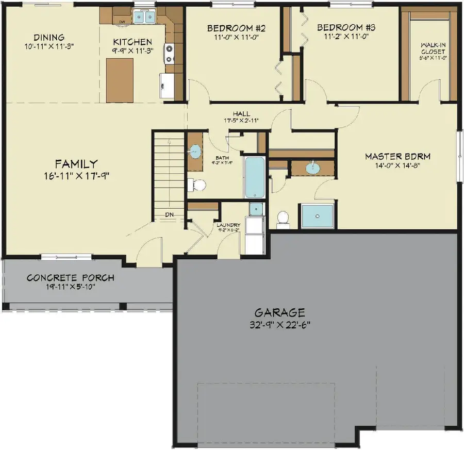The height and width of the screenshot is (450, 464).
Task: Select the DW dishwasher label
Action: click(x=122, y=22)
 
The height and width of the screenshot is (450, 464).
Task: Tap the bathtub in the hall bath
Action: click(x=255, y=178)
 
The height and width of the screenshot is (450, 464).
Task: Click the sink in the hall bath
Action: click(x=195, y=152)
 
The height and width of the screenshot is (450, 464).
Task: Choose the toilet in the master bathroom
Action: click(x=283, y=219)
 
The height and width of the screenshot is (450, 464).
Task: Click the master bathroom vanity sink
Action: click(x=312, y=168)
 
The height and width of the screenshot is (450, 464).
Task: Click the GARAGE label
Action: click(x=280, y=312)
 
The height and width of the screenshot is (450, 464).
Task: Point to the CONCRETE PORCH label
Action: click(x=71, y=278)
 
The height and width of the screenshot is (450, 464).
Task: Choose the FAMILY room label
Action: click(x=76, y=164)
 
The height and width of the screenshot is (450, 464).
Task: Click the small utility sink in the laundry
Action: click(x=255, y=208)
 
